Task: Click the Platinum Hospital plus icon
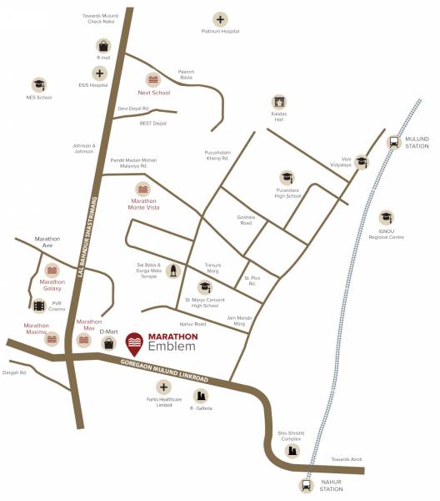point(220,18)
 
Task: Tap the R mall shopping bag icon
point(102,45)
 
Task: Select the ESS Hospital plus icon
point(101,73)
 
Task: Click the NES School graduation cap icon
point(39,84)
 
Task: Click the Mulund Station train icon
point(393,141)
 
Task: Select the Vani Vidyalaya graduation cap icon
point(362,162)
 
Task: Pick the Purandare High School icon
point(287,178)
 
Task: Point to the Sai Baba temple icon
point(172,271)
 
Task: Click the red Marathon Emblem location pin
point(133,342)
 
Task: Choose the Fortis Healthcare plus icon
point(163,387)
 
